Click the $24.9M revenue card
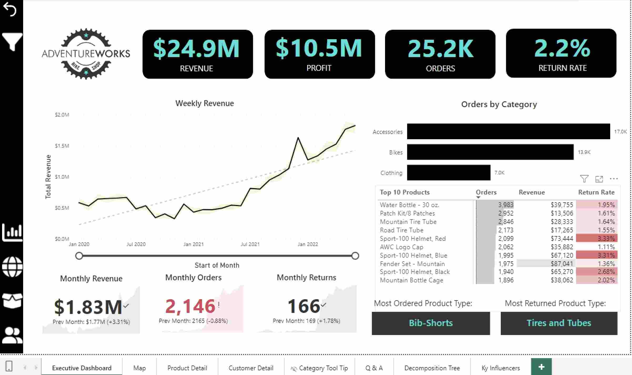point(198,54)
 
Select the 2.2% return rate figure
point(562,48)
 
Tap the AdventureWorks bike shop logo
point(86,54)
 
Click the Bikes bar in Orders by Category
point(490,152)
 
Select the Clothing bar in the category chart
point(448,173)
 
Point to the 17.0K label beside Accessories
point(620,132)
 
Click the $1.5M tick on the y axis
point(62,146)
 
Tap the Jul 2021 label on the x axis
point(250,244)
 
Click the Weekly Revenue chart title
point(204,103)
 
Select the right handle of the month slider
point(355,256)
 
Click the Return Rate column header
point(596,192)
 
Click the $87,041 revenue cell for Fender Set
point(562,264)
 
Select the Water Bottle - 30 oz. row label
point(409,205)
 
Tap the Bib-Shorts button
point(431,323)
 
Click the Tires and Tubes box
point(559,323)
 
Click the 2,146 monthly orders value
point(190,306)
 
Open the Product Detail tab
point(187,368)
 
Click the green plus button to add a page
point(541,367)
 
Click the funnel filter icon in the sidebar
point(12,42)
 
